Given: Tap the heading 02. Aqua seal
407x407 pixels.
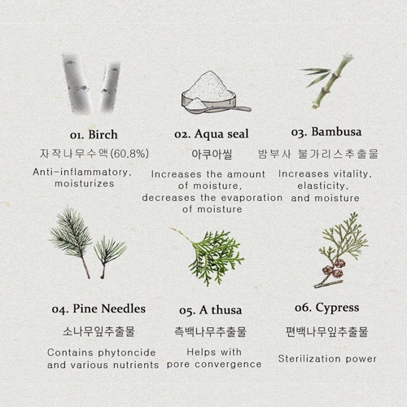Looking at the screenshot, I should [x=212, y=133].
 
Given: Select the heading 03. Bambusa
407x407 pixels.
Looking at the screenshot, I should [x=326, y=131].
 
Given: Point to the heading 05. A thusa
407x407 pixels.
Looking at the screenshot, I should [x=210, y=310].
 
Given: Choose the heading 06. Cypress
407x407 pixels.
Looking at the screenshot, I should [x=326, y=308].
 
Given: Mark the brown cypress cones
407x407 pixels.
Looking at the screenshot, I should [x=333, y=268].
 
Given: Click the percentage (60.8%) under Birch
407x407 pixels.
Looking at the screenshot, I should [x=129, y=153].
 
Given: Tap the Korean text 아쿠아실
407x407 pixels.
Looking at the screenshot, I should [x=212, y=153].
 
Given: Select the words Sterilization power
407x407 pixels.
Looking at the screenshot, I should [x=327, y=358].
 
